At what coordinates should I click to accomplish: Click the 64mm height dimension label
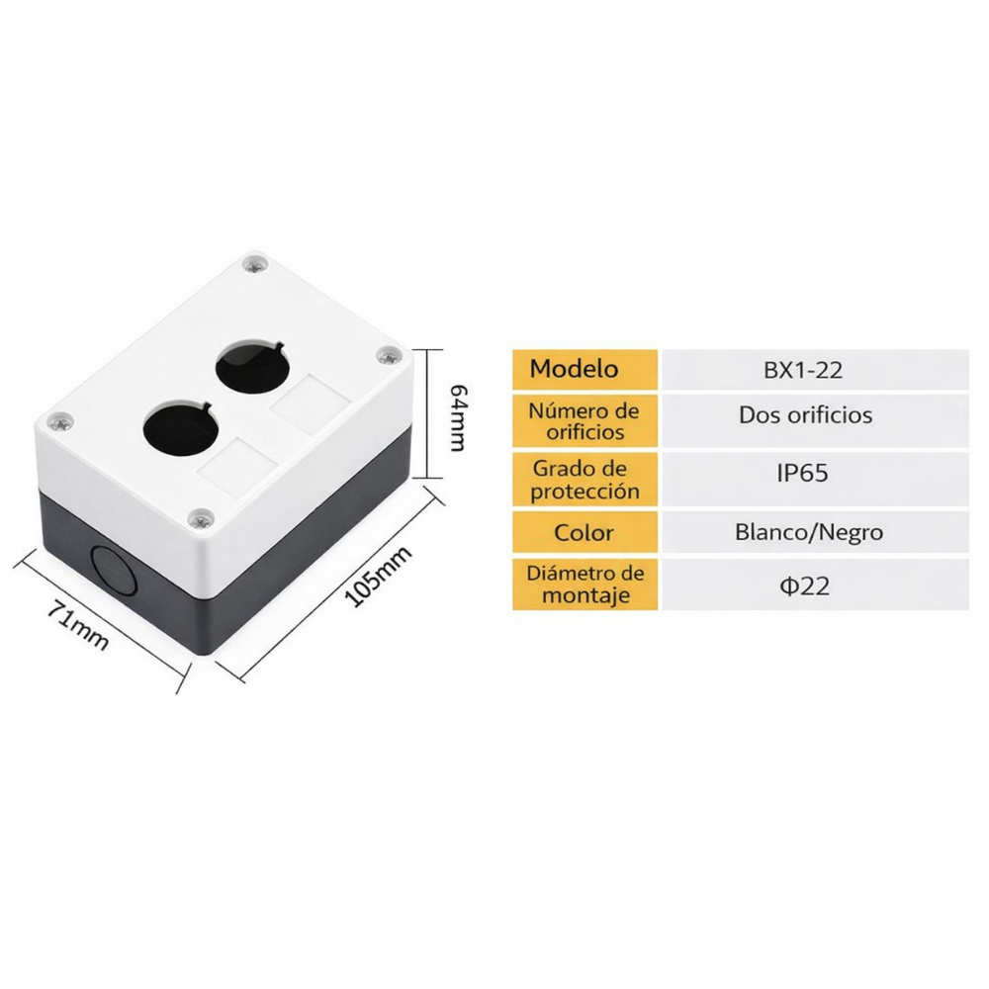tap(456, 415)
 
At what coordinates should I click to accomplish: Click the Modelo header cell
tap(575, 369)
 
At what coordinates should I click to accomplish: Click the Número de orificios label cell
tap(584, 420)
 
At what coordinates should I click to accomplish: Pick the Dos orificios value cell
tap(805, 414)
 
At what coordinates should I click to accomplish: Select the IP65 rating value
tap(801, 473)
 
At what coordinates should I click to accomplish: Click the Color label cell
tap(584, 533)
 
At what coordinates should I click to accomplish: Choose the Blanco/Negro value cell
tap(809, 532)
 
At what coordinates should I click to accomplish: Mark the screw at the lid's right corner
tap(387, 355)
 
